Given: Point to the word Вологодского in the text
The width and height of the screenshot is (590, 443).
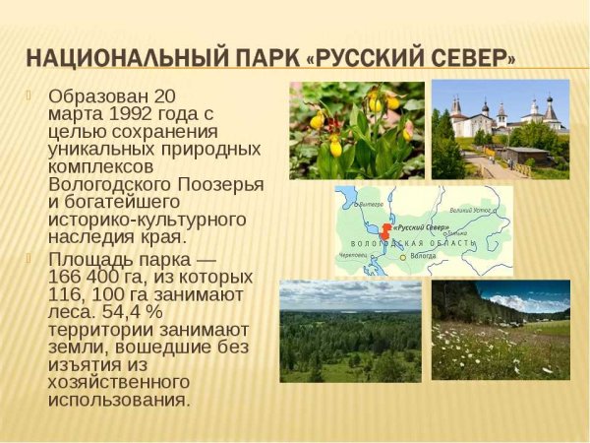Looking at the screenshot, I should pyautogui.click(x=107, y=185).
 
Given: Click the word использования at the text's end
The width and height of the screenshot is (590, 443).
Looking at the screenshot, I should pyautogui.click(x=118, y=401).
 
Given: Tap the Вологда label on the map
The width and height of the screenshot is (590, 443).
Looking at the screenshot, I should pyautogui.click(x=422, y=256).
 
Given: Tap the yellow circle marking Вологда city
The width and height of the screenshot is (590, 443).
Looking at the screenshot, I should pyautogui.click(x=402, y=256).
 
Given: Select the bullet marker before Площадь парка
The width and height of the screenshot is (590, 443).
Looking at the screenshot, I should pyautogui.click(x=29, y=258).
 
